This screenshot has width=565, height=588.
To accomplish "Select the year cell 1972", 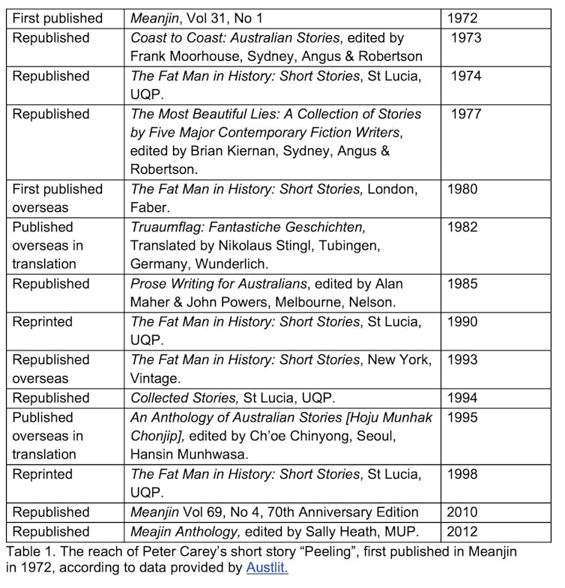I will click(462, 18).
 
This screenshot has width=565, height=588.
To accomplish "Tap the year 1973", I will click(465, 37).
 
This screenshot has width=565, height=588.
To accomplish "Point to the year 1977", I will click(465, 114).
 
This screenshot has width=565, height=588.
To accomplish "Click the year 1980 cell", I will click(462, 190).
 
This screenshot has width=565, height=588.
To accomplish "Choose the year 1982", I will click(462, 227).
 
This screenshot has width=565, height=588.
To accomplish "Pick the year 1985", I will click(462, 284).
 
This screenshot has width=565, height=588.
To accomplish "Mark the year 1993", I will click(462, 360).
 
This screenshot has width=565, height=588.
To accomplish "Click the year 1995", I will click(462, 417).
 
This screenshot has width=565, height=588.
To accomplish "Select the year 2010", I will click(462, 512).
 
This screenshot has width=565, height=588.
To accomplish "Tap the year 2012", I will click(462, 532).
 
